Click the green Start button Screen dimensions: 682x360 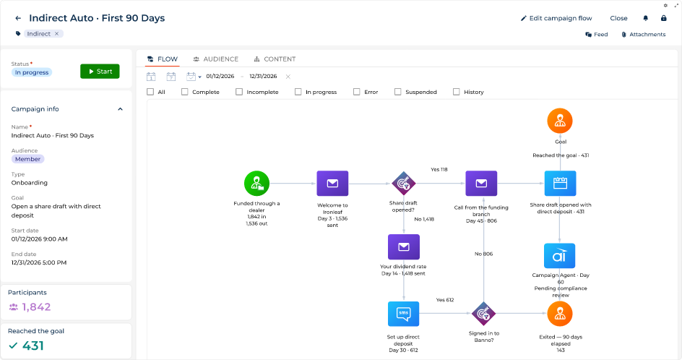[x=100, y=72]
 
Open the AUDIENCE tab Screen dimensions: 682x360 [x=216, y=59]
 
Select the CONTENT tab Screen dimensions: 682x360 [x=275, y=59]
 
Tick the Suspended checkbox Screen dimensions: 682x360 [x=397, y=92]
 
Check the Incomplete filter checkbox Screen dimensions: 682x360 [x=239, y=92]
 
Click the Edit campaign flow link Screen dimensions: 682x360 [x=556, y=18]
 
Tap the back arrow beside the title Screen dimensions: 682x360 [x=18, y=18]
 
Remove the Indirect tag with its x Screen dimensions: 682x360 [x=56, y=34]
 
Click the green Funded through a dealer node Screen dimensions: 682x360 [x=256, y=184]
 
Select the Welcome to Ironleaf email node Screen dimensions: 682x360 [x=332, y=184]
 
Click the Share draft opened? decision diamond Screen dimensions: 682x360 [x=404, y=184]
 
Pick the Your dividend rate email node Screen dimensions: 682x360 [x=404, y=247]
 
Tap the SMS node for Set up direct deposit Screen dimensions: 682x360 [x=404, y=314]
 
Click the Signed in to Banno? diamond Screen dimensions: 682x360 [x=483, y=314]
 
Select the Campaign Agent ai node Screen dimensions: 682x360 [x=560, y=255]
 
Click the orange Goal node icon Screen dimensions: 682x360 [x=560, y=121]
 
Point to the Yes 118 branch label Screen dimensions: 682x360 [x=439, y=169]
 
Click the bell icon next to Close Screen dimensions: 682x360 [x=645, y=18]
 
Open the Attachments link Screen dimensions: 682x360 [x=643, y=35]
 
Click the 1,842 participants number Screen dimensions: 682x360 [x=37, y=307]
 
